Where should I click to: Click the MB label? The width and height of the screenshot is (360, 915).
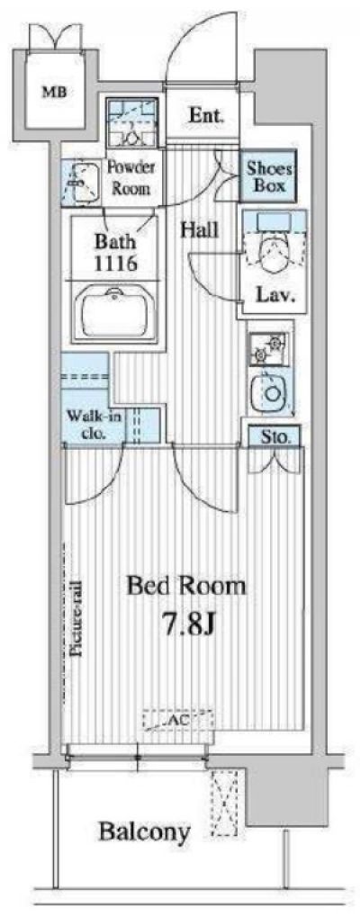pyautogui.click(x=53, y=91)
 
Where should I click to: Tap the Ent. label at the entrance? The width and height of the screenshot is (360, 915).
pyautogui.click(x=205, y=115)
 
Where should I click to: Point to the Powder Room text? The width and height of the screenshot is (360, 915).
pyautogui.click(x=130, y=178)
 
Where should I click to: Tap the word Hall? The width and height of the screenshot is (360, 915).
pyautogui.click(x=199, y=229)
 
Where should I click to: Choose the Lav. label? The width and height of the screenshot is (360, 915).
pyautogui.click(x=274, y=295)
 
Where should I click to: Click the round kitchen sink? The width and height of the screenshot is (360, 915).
pyautogui.click(x=270, y=394)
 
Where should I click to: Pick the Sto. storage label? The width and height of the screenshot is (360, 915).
pyautogui.click(x=274, y=437)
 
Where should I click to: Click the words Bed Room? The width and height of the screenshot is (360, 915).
pyautogui.click(x=186, y=586)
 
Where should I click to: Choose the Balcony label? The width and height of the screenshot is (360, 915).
pyautogui.click(x=144, y=832)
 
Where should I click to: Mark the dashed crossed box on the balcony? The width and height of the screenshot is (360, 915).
pyautogui.click(x=225, y=803)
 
